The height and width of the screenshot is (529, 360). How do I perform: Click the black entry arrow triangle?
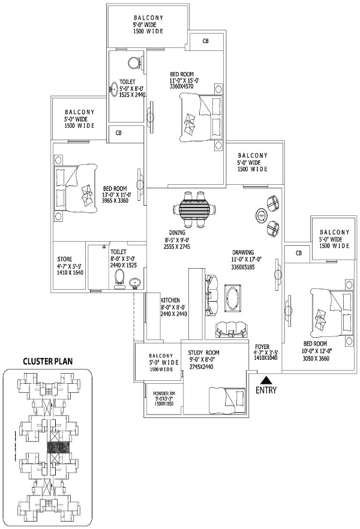(267, 380)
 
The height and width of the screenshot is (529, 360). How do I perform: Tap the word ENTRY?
(266, 390)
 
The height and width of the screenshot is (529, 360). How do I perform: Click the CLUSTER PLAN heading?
(47, 361)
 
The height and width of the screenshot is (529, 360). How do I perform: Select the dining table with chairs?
(194, 209)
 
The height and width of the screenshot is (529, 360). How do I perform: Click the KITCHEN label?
(170, 300)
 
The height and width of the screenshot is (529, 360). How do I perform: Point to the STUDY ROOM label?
(203, 353)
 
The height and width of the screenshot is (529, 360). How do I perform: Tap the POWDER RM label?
(164, 393)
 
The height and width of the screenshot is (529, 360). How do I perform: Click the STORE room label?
(64, 259)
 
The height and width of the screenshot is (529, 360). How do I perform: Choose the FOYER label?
(262, 347)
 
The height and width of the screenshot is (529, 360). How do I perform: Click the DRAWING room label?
(243, 253)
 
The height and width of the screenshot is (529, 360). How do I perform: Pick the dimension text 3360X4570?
(182, 86)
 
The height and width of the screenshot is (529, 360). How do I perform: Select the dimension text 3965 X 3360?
(115, 200)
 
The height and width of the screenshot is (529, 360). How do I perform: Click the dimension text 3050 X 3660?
(316, 358)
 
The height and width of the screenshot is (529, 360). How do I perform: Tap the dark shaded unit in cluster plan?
(58, 447)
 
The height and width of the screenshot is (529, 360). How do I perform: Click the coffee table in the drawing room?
(233, 297)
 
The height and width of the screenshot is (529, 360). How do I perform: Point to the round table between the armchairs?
(261, 215)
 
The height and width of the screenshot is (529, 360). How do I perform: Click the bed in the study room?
(227, 401)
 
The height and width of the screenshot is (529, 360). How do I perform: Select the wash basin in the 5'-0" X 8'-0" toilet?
(113, 89)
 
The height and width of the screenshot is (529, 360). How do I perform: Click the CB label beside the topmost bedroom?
(205, 41)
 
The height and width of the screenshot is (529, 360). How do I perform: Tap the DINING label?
(177, 233)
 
